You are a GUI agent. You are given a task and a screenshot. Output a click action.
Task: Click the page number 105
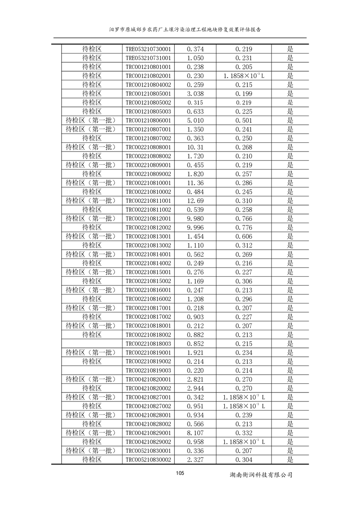pos(180,473)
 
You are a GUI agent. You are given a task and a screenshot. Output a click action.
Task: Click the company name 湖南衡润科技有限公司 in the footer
pos(261,475)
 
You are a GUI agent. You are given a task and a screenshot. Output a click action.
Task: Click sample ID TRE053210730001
pos(148,49)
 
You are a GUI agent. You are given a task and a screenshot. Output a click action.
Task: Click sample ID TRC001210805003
pos(148,112)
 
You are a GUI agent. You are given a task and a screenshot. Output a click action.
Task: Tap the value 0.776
pos(244,227)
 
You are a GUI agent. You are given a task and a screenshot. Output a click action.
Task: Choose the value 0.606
pos(244,236)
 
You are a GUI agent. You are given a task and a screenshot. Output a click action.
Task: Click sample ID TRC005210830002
pos(148,460)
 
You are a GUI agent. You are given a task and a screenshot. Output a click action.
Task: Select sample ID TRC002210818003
pos(148,343)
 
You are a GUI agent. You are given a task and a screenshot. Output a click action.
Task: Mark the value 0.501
pos(244,121)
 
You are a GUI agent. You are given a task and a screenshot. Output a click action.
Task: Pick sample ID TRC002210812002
pos(148,227)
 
